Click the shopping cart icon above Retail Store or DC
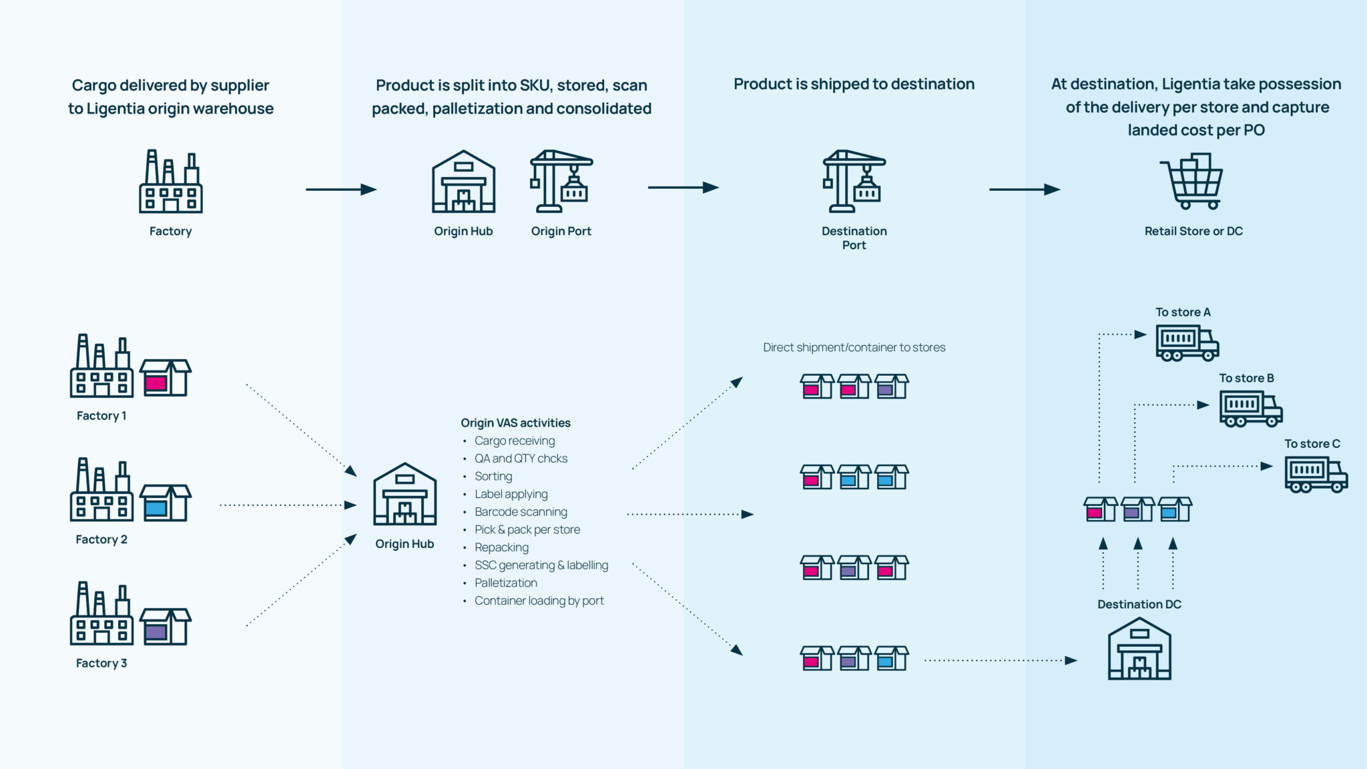tap(1193, 182)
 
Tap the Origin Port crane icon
tap(561, 182)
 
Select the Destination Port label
tap(854, 238)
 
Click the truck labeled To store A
tap(1187, 343)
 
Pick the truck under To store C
tap(1316, 475)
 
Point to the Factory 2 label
tap(101, 539)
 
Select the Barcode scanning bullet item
tap(521, 512)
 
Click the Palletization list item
tap(505, 583)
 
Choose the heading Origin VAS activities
tap(515, 423)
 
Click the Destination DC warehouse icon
tap(1139, 649)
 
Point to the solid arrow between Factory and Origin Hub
tap(341, 190)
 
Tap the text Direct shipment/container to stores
tap(854, 347)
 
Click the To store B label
tap(1246, 378)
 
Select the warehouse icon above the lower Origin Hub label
tap(404, 495)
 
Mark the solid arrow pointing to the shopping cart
tap(1024, 190)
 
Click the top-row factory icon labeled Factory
tap(170, 182)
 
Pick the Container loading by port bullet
tap(539, 601)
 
